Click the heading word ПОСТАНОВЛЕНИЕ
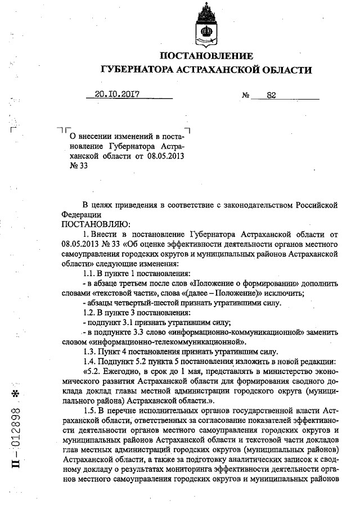point(207,56)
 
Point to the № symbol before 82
point(245,96)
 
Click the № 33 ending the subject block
point(78,165)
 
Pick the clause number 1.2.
point(90,312)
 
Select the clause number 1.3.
point(90,351)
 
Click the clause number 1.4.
point(90,361)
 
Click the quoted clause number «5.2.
point(93,371)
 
